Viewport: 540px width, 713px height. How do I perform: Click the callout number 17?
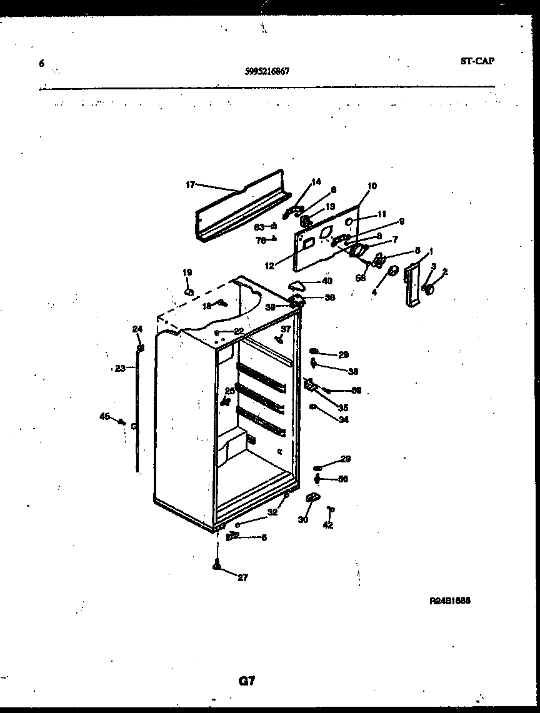point(190,184)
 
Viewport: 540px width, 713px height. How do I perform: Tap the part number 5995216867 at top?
point(267,71)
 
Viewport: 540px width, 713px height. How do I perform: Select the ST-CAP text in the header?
point(477,61)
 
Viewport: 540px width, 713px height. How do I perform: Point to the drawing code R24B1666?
point(449,601)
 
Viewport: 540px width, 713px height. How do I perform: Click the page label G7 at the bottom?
point(247,682)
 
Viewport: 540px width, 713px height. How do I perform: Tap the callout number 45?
point(104,416)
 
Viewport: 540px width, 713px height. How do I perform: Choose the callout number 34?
point(343,420)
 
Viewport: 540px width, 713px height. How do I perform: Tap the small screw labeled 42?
point(331,511)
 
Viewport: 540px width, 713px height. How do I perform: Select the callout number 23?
point(120,368)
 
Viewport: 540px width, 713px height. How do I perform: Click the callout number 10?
point(372,186)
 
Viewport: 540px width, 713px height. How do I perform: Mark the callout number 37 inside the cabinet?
point(285,329)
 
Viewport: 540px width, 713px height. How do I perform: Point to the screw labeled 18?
point(221,304)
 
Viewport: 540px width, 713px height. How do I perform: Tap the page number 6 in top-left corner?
point(42,63)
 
